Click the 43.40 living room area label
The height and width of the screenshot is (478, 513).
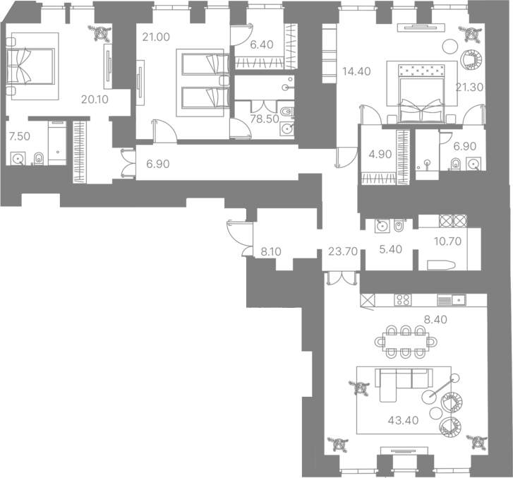[403, 420]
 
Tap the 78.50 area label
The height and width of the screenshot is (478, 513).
[265, 119]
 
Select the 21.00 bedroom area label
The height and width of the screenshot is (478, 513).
[156, 37]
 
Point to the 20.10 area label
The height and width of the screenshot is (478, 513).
[95, 100]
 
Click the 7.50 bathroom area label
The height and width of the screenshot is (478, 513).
[20, 136]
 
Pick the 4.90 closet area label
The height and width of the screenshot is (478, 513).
[380, 154]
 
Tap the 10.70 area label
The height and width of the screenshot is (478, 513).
[447, 241]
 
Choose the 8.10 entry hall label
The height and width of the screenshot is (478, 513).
[271, 252]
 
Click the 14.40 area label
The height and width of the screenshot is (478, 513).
[356, 71]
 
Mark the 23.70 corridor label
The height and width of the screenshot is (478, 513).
[342, 251]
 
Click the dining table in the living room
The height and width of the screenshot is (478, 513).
[406, 342]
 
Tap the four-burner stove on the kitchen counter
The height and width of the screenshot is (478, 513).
[403, 300]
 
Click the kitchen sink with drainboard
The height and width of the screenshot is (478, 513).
[451, 300]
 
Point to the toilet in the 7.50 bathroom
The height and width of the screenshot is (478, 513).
[39, 158]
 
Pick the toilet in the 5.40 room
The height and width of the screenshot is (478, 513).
[399, 225]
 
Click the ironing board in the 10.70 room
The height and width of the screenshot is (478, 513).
[441, 265]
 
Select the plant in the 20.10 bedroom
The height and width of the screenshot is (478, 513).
[99, 32]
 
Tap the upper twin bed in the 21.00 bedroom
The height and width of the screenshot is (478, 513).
[205, 64]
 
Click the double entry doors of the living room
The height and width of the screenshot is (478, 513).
[341, 278]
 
